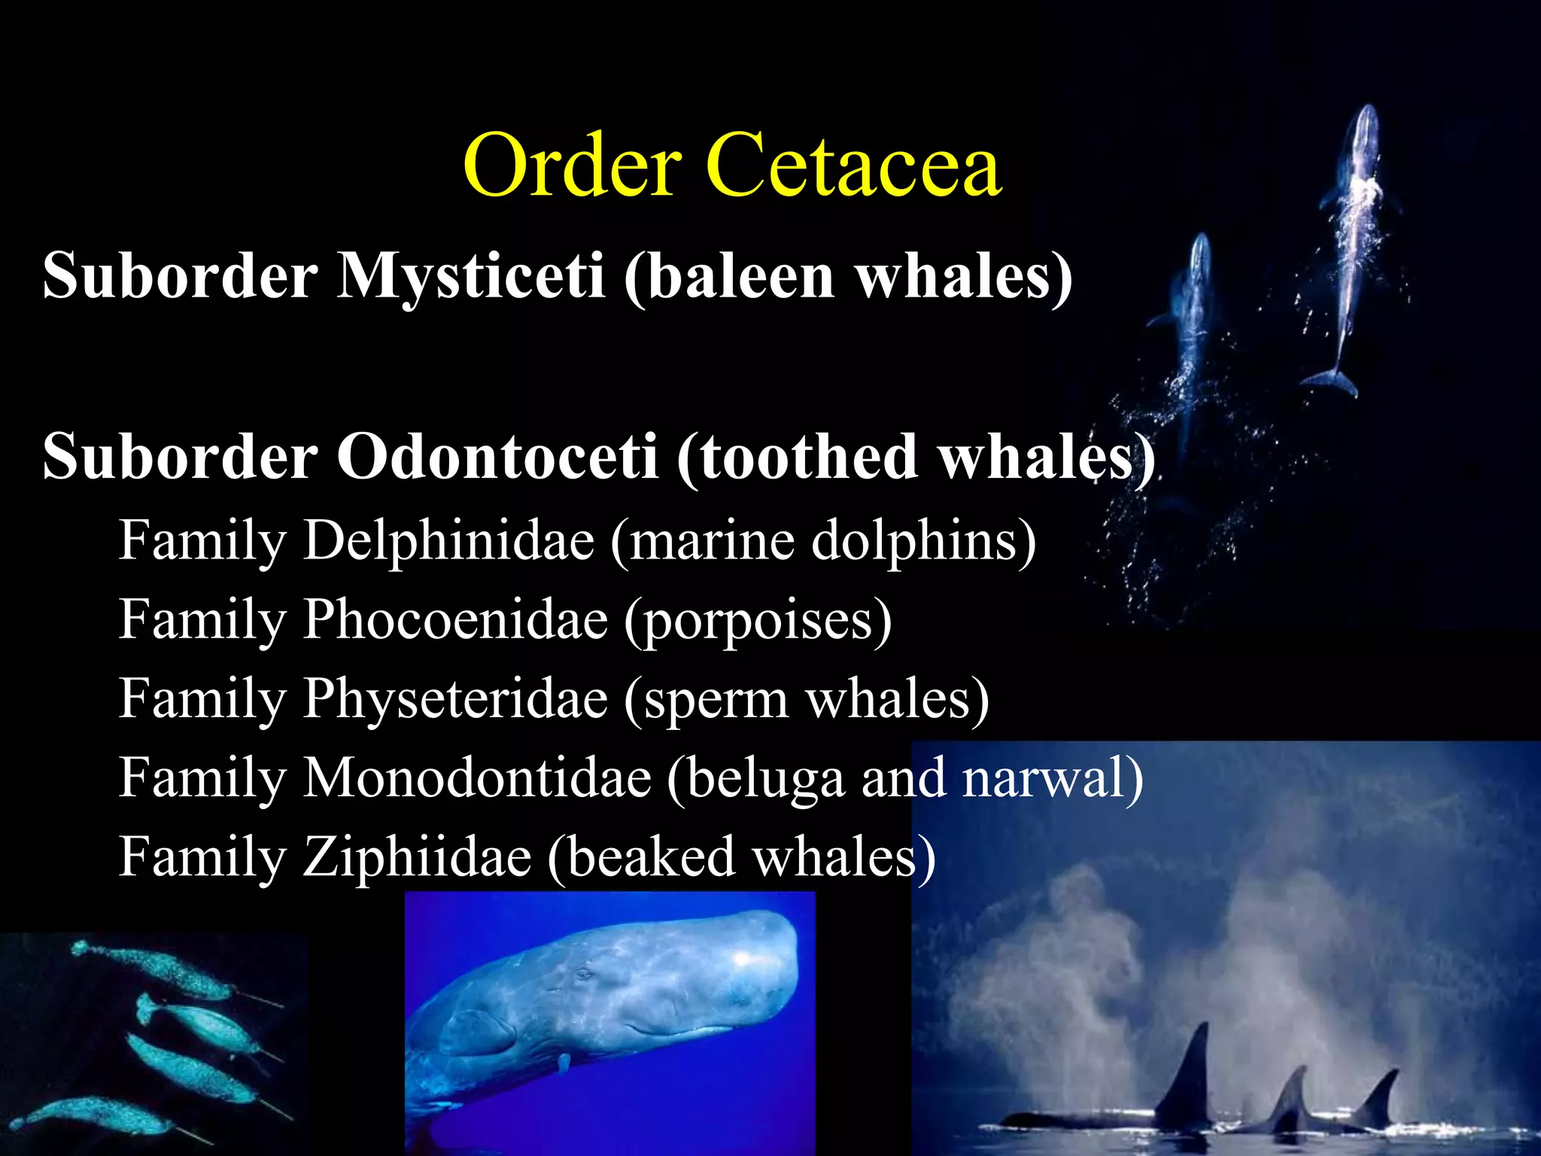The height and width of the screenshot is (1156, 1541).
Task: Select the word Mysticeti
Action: [x=470, y=275]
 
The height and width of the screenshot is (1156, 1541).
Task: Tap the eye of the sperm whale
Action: [x=583, y=975]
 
